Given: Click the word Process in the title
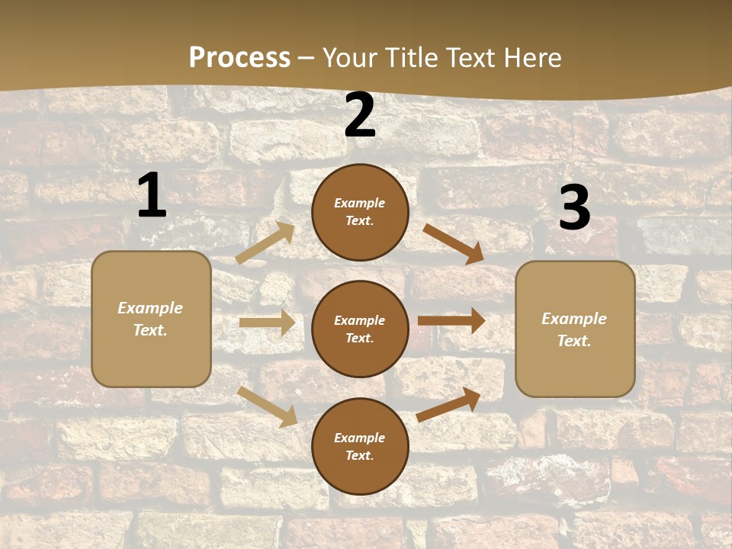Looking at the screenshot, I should (x=239, y=57).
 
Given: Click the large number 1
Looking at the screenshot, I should (x=152, y=195).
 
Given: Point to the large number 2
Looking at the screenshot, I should (x=360, y=115).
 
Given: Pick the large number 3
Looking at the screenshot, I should (x=574, y=207).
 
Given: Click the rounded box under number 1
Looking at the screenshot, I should (x=151, y=319).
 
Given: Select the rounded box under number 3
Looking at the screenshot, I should (x=575, y=329).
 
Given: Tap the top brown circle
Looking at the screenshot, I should (x=360, y=212).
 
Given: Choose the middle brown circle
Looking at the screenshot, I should (x=360, y=329).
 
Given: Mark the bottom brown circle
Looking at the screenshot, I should (x=360, y=446).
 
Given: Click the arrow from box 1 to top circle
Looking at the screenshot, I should (x=265, y=243).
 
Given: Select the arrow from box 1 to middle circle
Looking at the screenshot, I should (x=267, y=323).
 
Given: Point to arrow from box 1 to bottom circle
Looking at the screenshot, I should (x=267, y=406).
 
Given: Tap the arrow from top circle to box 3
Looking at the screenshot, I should (x=453, y=244).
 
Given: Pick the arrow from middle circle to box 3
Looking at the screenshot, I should (x=451, y=320).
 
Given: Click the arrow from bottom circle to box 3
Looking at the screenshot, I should (x=448, y=404).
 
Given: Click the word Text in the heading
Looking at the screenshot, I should (x=474, y=57).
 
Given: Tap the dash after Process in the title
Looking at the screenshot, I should (x=307, y=59).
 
